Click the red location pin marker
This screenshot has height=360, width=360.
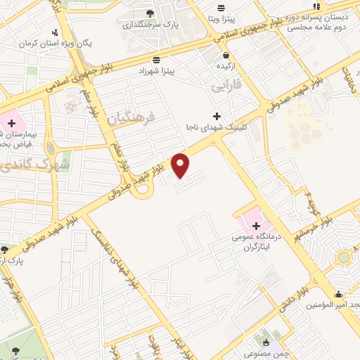[181, 165]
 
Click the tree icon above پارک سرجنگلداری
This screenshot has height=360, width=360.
[149, 13]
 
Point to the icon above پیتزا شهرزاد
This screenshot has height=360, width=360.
[155, 59]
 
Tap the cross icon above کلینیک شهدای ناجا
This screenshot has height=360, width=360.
[217, 115]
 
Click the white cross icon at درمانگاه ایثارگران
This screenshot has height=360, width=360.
[255, 226]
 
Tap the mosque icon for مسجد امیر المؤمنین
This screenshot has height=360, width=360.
[340, 295]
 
